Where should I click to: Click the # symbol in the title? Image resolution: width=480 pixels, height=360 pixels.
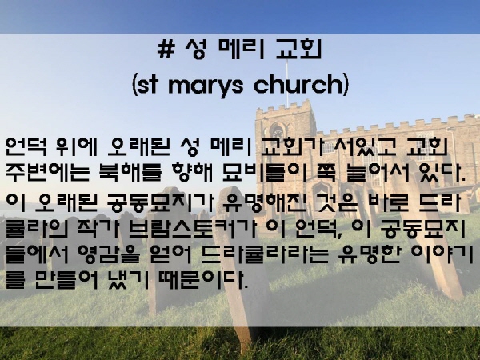pyautogui.click(x=166, y=50)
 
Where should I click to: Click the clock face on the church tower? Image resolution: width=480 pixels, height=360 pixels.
pyautogui.click(x=278, y=134)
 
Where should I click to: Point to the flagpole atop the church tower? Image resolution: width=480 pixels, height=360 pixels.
pyautogui.click(x=287, y=82)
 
